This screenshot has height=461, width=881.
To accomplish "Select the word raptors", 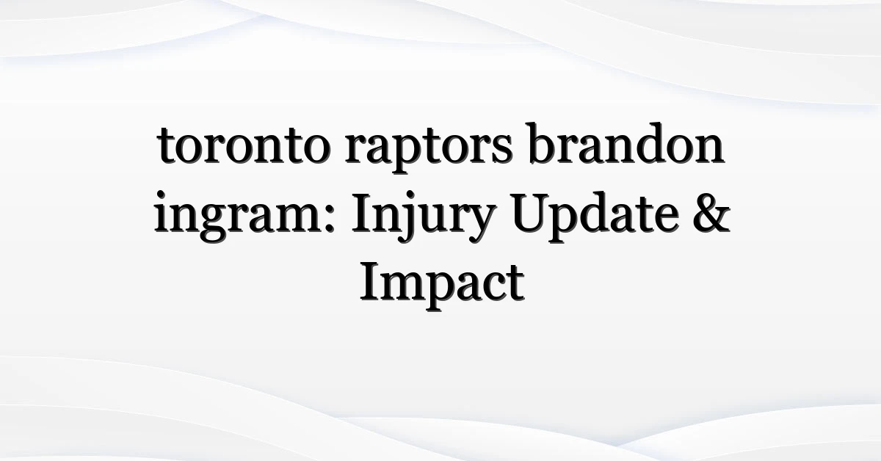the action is pyautogui.click(x=429, y=150).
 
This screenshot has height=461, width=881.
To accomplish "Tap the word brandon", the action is pyautogui.click(x=626, y=143).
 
